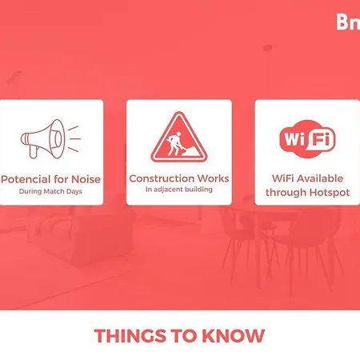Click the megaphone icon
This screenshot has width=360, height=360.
(50, 138)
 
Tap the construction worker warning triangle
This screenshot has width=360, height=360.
(179, 137)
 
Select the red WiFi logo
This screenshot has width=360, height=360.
(307, 138)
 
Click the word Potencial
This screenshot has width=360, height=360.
(26, 179)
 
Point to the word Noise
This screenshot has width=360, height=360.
(86, 179)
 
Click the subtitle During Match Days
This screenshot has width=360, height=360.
(50, 191)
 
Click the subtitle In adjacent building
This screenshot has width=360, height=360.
(179, 190)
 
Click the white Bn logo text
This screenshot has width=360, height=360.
(348, 22)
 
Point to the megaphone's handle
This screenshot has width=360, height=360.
(34, 152)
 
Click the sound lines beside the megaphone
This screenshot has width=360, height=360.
(74, 138)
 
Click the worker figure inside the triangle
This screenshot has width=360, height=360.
(174, 144)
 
